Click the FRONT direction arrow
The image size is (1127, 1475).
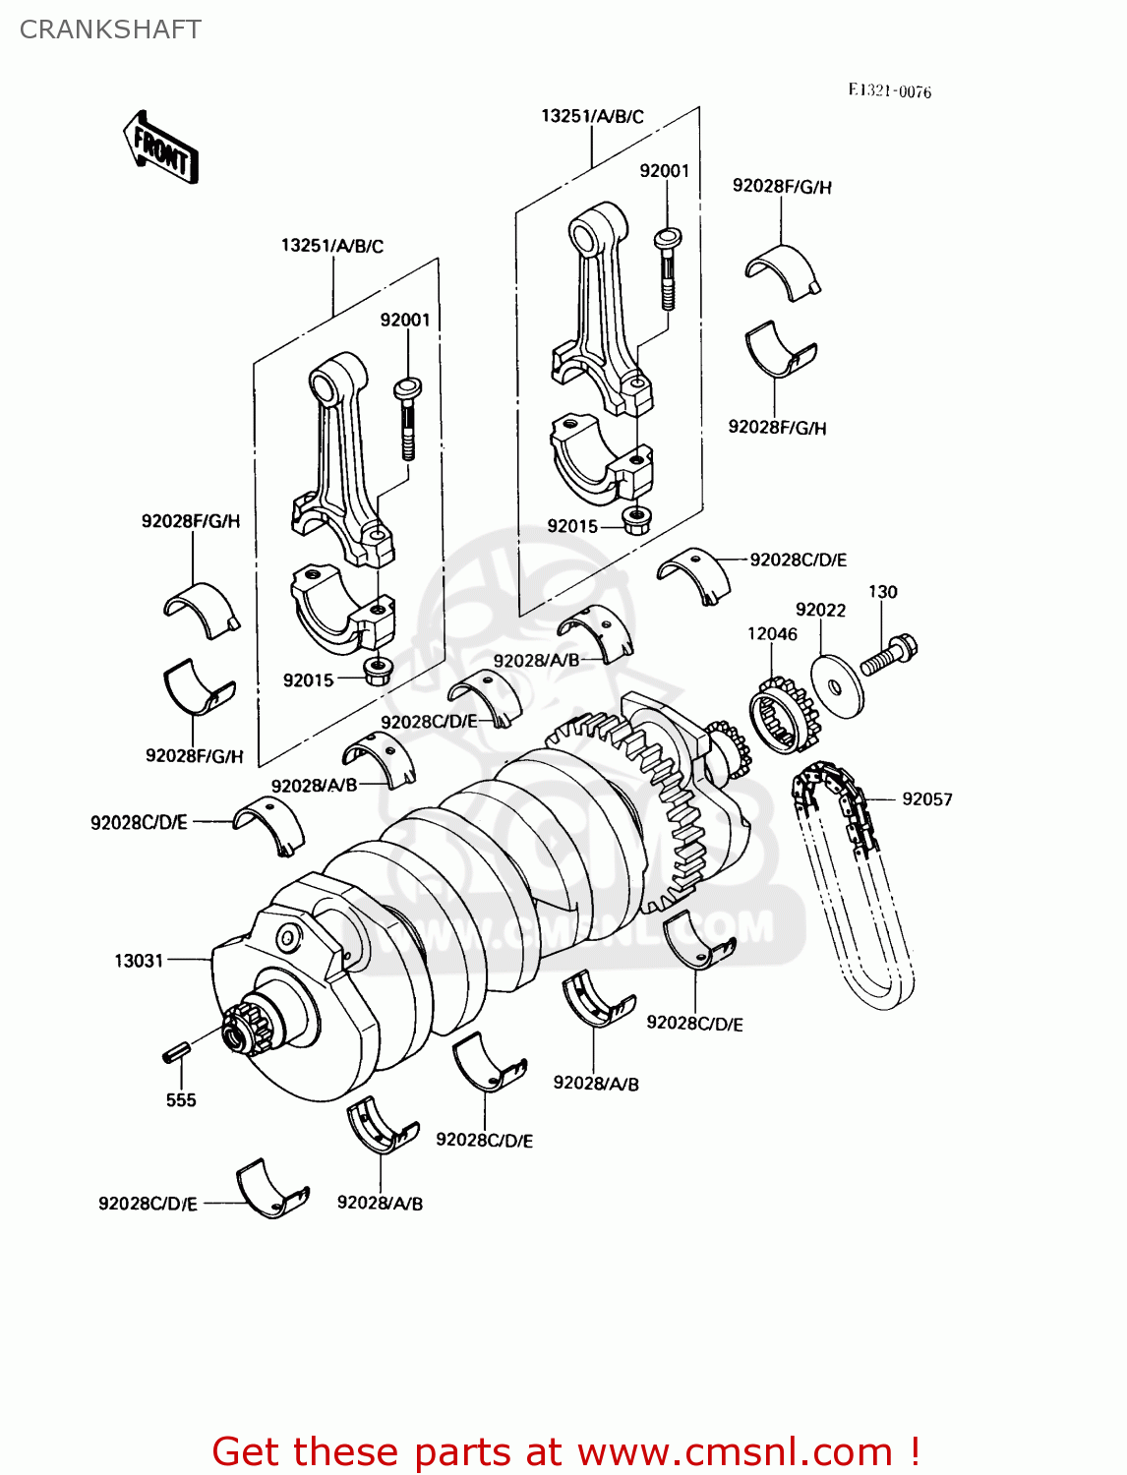160,148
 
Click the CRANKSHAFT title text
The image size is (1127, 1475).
110,29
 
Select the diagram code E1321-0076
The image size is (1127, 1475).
889,91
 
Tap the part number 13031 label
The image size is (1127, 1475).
139,961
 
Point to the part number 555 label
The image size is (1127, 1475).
181,1100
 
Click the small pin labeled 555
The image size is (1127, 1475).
175,1051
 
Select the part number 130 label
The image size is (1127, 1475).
882,592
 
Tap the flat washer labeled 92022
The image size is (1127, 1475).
837,685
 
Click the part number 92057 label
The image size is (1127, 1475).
926,799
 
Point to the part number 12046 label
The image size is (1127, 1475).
772,634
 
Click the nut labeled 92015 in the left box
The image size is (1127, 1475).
378,673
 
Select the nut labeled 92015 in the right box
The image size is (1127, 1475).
636,518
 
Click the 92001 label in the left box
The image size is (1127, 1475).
405,320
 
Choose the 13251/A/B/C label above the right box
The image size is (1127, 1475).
592,116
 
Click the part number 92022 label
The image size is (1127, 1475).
820,610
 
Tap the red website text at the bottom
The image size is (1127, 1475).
565,1451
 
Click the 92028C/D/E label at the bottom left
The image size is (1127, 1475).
148,1204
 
